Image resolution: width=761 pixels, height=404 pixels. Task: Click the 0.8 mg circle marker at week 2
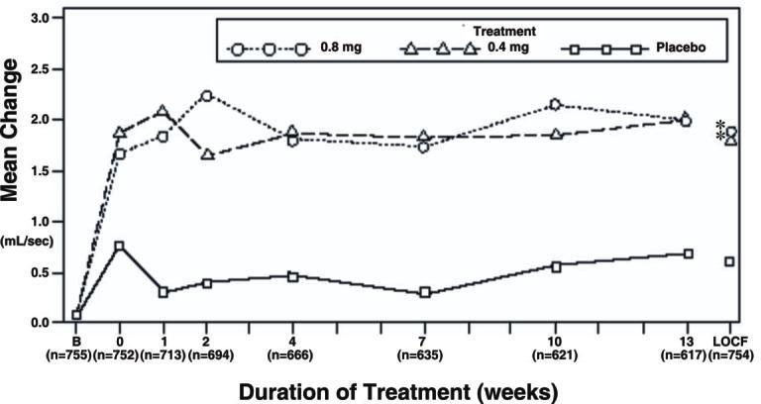click(x=206, y=96)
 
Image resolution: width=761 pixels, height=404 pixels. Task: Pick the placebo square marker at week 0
click(x=119, y=247)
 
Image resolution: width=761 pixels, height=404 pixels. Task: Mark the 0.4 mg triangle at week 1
click(x=163, y=111)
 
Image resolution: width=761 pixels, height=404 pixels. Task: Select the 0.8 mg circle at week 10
click(x=555, y=104)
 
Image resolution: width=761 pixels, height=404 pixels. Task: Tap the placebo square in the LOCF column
click(x=729, y=261)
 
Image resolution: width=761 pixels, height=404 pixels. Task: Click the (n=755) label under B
click(x=75, y=353)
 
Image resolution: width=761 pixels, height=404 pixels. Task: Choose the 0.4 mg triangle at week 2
click(x=206, y=154)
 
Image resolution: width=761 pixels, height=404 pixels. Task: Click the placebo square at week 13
click(x=688, y=253)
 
